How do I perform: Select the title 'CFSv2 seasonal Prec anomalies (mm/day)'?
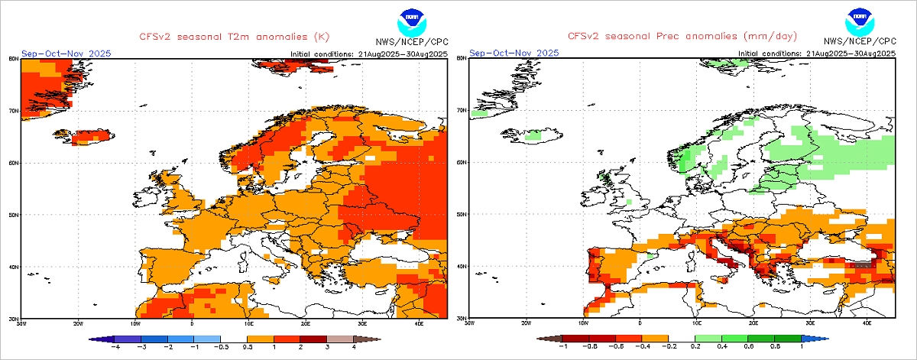tap(682, 36)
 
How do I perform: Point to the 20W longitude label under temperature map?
tap(78, 323)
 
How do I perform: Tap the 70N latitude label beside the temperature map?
tap(13, 110)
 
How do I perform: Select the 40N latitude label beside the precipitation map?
tap(462, 266)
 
